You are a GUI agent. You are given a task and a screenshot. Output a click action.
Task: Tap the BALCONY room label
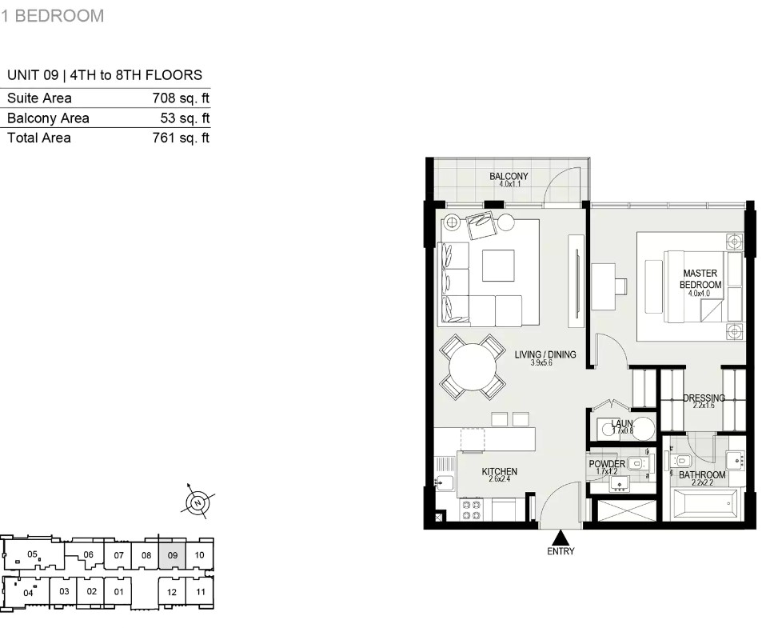tap(509, 176)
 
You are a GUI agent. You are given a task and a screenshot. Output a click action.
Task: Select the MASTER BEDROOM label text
tap(700, 279)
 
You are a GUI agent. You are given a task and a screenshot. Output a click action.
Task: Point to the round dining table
tap(473, 367)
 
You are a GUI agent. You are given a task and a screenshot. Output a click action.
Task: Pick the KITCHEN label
tap(499, 472)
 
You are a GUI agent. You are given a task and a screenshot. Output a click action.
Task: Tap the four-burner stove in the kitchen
tap(472, 510)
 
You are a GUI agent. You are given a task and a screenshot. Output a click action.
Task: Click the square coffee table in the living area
tap(497, 266)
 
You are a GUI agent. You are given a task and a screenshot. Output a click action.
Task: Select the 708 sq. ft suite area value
tap(181, 98)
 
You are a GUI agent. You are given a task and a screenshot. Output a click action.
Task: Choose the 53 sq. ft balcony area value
tap(185, 118)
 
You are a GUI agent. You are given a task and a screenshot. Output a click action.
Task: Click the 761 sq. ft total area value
tap(181, 138)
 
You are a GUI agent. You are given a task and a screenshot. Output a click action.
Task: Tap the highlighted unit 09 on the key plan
tap(172, 555)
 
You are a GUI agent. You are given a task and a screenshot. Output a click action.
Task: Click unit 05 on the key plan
tap(33, 554)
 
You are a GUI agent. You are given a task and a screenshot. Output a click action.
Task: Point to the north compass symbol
tap(198, 503)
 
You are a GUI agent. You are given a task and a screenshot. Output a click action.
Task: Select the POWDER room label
tap(607, 464)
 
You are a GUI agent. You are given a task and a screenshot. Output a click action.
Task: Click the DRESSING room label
tap(704, 398)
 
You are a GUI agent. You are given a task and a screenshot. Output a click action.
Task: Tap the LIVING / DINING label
tap(545, 354)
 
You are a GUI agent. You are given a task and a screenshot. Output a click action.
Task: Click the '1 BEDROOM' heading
tap(52, 16)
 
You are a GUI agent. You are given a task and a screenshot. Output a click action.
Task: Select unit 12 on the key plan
tap(172, 592)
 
